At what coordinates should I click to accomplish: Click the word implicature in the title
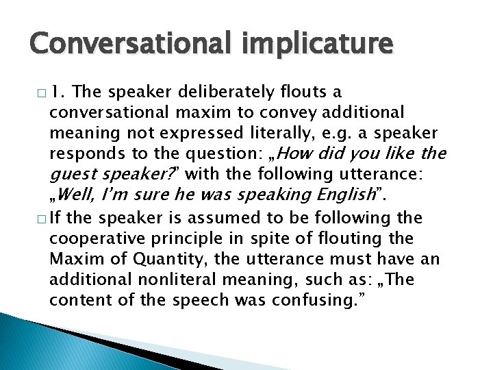(316, 46)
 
